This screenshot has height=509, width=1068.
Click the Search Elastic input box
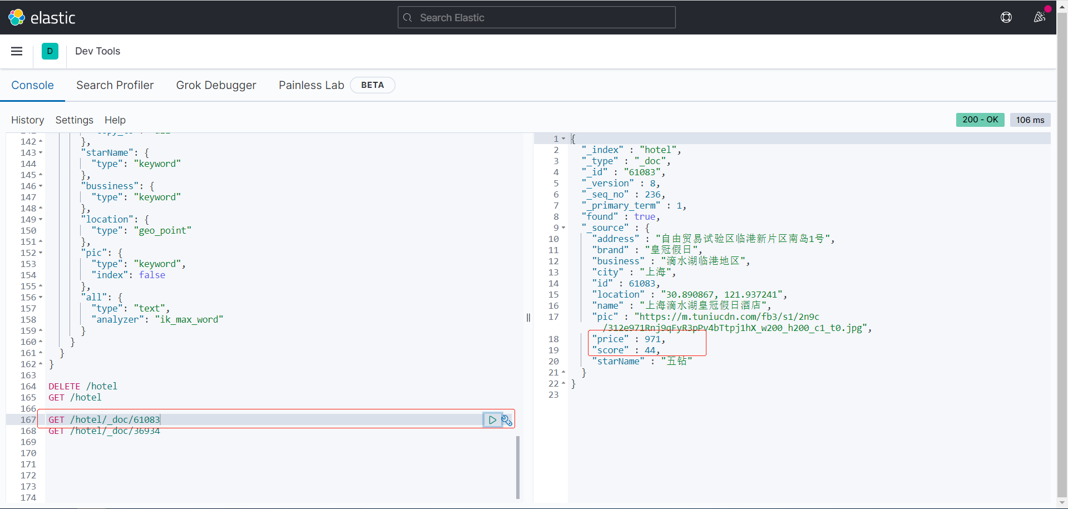coord(536,18)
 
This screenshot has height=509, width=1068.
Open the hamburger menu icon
coord(17,51)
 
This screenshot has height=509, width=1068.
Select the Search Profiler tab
coord(115,85)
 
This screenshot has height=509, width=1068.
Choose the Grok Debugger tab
coord(216,85)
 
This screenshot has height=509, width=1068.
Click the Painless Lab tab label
coord(311,85)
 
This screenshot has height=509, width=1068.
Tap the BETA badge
coord(372,85)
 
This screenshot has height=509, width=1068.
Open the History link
coord(27,120)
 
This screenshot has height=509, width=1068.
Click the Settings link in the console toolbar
coord(74,120)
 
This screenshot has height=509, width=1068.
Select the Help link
coord(115,120)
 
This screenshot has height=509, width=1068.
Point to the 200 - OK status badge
coord(980,120)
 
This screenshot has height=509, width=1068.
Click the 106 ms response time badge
coord(1030,120)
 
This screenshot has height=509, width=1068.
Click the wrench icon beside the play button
coord(507,420)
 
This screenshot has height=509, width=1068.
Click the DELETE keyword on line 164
coord(65,386)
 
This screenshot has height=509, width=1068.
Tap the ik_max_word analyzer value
coord(189,319)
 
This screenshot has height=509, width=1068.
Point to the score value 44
coord(650,350)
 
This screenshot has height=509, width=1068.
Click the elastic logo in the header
coord(42,18)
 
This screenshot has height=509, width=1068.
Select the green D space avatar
coord(50,51)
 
